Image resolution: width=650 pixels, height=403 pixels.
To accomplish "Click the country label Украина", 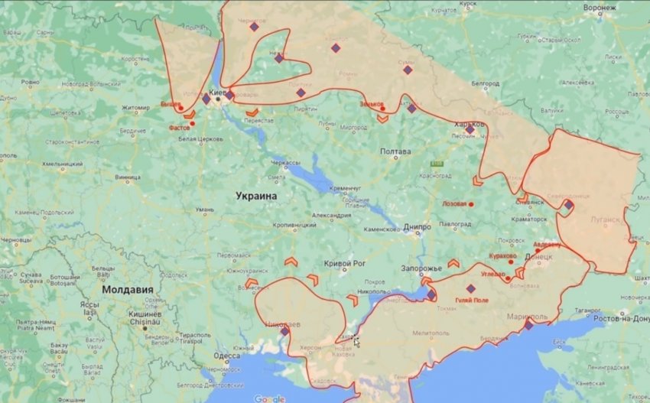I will (255, 197).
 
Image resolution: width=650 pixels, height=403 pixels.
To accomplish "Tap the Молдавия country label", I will (128, 291).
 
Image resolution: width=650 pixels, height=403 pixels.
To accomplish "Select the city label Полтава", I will (395, 151).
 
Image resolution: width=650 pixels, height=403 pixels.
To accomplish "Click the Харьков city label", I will (469, 125).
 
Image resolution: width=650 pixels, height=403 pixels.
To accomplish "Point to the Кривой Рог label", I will (345, 264).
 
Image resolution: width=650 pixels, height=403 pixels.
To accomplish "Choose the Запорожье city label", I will (420, 268).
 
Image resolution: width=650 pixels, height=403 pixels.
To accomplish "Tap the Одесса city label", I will (226, 356).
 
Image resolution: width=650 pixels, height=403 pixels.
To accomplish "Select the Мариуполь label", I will (528, 316).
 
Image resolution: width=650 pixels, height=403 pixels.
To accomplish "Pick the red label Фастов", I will (179, 128).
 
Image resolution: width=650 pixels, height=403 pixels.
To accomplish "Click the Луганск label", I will (606, 219).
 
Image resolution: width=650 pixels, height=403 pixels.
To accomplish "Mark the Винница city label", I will (128, 177).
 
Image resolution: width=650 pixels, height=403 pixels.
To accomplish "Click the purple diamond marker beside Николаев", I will (284, 332).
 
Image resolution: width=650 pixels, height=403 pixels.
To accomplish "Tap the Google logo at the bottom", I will (269, 398).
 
